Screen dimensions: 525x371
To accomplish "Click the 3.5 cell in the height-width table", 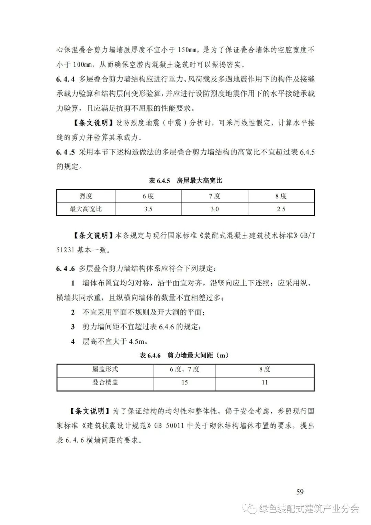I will (148, 209).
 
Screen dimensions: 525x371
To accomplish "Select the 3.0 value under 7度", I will (214, 209).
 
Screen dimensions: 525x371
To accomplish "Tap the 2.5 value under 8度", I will (281, 209).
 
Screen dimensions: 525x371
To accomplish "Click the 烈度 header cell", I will (86, 196).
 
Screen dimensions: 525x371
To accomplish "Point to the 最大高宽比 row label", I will (86, 209).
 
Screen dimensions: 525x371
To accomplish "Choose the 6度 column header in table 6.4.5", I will (148, 196).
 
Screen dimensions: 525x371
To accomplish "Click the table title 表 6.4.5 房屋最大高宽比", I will (185, 181).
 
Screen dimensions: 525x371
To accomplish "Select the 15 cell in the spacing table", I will (184, 382).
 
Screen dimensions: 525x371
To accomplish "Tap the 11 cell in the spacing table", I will (265, 382).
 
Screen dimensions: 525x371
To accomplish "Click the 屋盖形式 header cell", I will (105, 369).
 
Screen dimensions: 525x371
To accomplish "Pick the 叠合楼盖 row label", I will (105, 382).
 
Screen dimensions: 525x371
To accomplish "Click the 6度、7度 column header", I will (184, 369).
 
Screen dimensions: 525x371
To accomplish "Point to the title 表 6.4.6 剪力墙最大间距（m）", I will (184, 356).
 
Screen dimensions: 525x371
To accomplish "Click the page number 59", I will (300, 492).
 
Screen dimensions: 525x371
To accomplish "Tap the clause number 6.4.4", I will (65, 79).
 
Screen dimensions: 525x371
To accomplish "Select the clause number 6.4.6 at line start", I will (65, 269).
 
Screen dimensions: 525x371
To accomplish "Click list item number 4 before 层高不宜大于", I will (73, 342).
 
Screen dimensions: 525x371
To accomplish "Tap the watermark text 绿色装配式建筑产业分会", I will (308, 508).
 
